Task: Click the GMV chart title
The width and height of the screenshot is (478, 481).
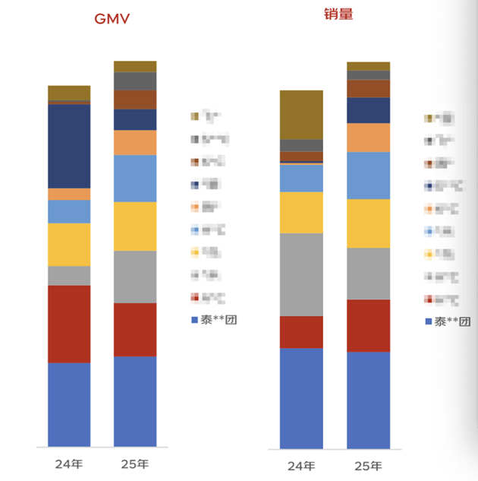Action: tap(112, 18)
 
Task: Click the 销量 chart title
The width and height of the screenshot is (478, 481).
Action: tap(338, 13)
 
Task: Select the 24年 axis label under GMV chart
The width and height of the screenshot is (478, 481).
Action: tap(68, 463)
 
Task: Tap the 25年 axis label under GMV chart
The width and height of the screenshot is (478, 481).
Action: tap(134, 463)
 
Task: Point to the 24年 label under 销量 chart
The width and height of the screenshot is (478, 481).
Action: tap(301, 465)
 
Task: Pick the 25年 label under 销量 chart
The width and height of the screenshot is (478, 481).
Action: tap(368, 465)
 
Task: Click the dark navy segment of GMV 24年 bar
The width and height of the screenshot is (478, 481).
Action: tap(69, 146)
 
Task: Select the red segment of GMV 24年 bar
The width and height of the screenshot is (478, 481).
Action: tap(69, 324)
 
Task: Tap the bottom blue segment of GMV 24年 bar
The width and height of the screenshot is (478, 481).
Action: tap(69, 404)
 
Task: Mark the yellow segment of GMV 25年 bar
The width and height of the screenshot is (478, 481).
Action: tap(135, 226)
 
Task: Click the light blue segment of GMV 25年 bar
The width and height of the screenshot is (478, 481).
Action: tap(135, 179)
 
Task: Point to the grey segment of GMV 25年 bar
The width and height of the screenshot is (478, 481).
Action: tap(135, 277)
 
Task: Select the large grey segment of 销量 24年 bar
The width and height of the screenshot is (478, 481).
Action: tap(301, 274)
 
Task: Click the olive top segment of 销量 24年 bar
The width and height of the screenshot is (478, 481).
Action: tap(301, 115)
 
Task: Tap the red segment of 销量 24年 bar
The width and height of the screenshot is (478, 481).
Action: tap(301, 332)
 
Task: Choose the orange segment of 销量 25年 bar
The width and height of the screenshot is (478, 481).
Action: tap(369, 138)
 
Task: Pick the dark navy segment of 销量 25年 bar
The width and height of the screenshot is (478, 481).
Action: tap(369, 110)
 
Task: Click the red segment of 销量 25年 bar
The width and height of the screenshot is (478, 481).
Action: tap(369, 325)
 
